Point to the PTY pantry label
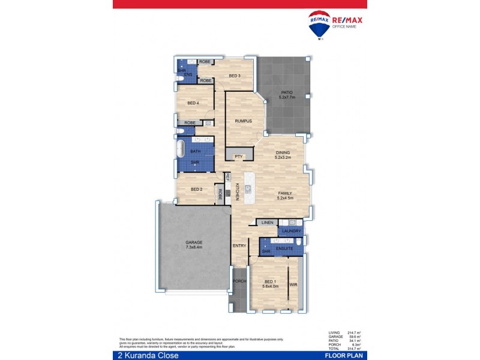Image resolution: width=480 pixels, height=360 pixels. tap(238, 157)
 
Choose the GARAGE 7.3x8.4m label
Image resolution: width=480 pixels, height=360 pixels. tap(193, 244)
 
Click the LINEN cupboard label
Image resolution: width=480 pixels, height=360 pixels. tap(267, 223)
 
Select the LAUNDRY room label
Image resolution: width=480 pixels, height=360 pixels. tap(291, 230)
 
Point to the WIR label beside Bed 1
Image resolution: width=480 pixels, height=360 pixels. tap(293, 284)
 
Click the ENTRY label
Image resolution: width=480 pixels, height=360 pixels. tap(239, 246)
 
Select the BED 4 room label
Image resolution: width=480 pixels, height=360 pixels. tap(193, 103)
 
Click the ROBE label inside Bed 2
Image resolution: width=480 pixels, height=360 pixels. tap(220, 194)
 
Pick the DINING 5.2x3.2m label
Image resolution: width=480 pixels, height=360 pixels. tap(283, 155)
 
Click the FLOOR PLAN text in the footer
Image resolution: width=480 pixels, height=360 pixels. tap(344, 356)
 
